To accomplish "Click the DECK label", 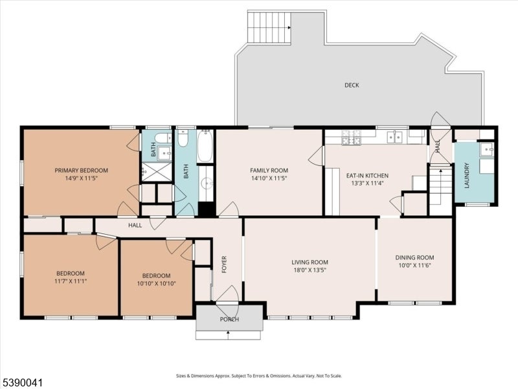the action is [x=352, y=86].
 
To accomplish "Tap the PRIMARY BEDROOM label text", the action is [x=82, y=171].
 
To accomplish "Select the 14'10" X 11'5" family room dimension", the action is [x=269, y=178].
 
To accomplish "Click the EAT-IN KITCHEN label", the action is [x=367, y=176].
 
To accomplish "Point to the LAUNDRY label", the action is [x=467, y=175].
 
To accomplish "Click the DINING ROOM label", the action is [x=415, y=257].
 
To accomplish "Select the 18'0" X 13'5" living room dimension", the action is [x=310, y=270].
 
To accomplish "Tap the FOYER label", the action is [x=224, y=265].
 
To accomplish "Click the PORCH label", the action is [x=229, y=320].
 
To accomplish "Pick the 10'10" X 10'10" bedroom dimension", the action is [x=156, y=283].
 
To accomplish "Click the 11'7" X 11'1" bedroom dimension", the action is [x=71, y=281].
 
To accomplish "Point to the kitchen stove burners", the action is [x=351, y=137].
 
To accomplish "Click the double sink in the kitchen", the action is [x=395, y=137].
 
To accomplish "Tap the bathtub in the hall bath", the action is [x=205, y=146].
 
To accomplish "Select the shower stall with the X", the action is [x=157, y=171].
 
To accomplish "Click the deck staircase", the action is [x=269, y=28].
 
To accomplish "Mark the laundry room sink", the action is [x=487, y=149].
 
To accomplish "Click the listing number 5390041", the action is [x=22, y=383].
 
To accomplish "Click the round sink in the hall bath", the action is [x=207, y=183].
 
